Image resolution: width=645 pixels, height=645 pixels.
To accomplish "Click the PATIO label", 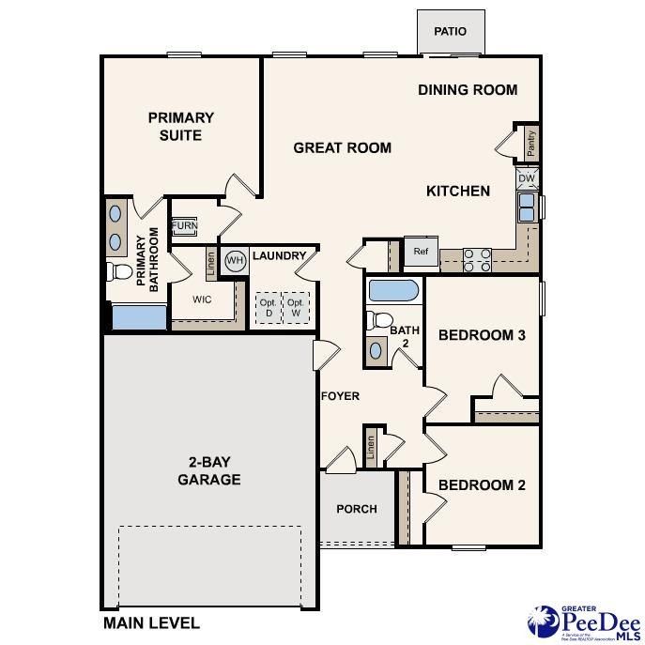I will point(450,32).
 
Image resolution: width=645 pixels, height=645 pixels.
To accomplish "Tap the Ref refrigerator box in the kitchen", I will point(420,252).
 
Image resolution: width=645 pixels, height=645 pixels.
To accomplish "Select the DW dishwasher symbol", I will point(527,178).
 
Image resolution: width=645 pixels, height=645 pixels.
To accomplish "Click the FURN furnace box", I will point(184,227).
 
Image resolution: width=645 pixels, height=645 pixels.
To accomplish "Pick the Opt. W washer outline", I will point(295,308).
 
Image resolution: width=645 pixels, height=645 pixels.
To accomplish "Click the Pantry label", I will point(530,144).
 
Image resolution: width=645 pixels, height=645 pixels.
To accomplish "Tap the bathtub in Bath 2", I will point(394,290).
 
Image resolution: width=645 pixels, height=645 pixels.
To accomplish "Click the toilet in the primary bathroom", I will point(119,272).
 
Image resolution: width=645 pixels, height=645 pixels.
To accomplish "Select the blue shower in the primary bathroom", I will point(139,316).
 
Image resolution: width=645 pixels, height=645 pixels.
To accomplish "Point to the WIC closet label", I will point(202,300).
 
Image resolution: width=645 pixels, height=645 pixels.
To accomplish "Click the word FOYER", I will point(340,396).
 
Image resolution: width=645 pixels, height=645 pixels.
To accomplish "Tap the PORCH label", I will point(357,509).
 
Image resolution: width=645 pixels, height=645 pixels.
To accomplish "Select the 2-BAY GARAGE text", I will point(209,471).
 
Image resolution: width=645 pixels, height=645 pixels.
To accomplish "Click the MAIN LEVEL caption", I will point(150,622).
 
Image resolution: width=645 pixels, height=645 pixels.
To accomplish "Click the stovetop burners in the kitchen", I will point(477,259).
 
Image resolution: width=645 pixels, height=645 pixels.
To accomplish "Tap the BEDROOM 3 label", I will point(482,335).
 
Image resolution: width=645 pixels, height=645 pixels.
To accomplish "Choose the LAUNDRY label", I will point(280,255).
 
